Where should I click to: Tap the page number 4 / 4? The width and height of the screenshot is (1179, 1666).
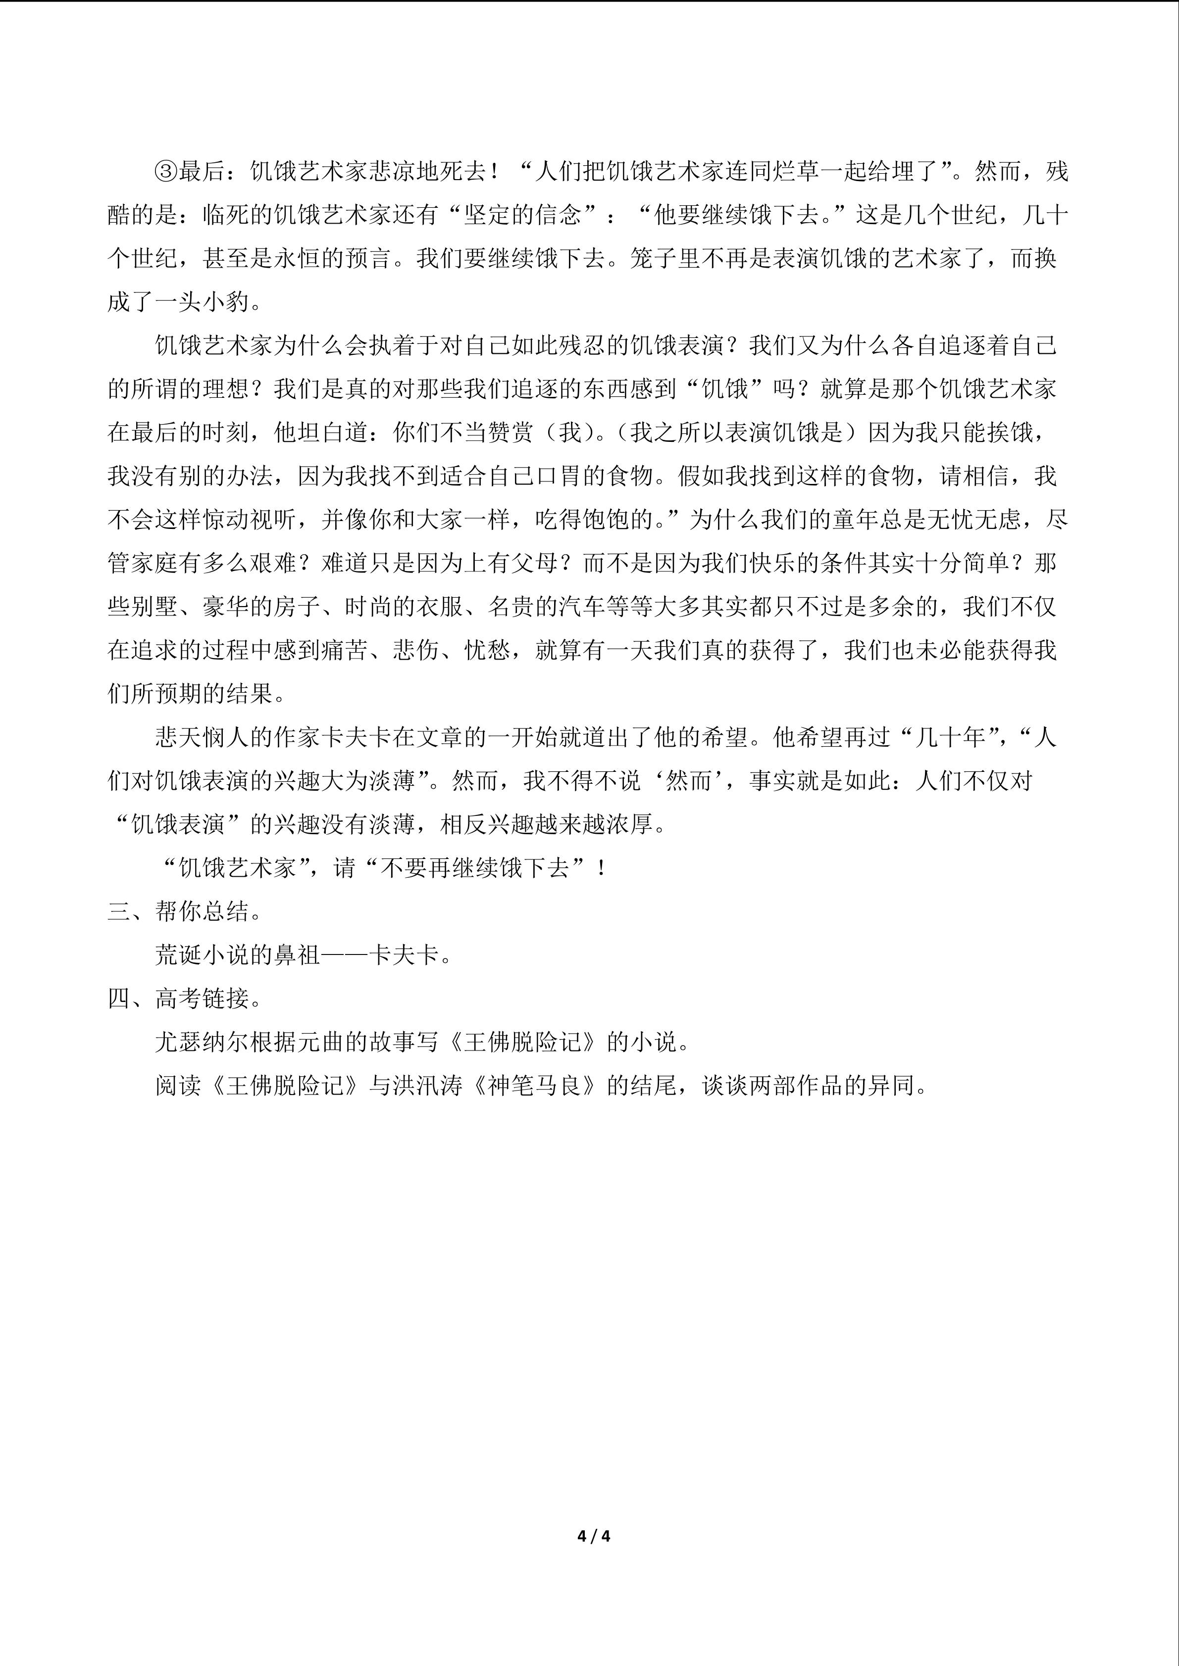point(593,1535)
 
